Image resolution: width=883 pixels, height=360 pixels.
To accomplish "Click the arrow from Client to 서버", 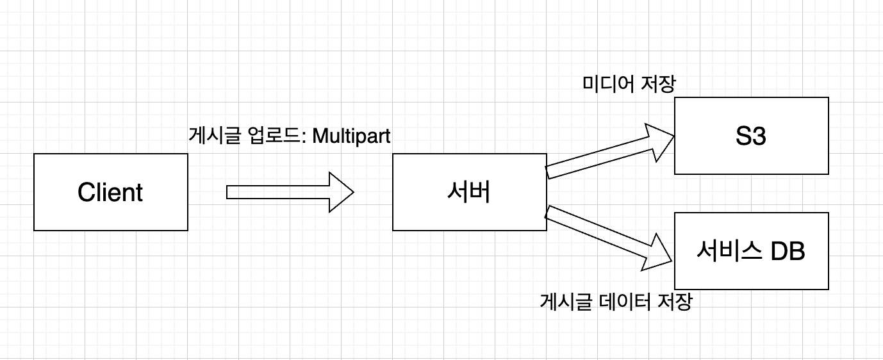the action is [x=282, y=192].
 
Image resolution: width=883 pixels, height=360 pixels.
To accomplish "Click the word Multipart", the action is [x=351, y=136].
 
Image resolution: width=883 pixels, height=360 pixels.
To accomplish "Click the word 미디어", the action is [x=604, y=84].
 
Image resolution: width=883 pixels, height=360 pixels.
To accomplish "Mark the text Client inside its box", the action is [x=110, y=192].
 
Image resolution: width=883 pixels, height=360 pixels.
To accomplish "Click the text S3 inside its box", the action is [x=751, y=136].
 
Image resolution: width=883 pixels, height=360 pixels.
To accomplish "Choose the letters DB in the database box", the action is [x=788, y=251].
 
